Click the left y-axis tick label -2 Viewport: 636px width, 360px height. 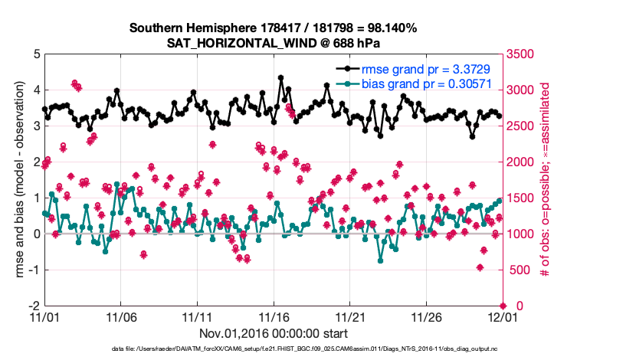click(x=34, y=306)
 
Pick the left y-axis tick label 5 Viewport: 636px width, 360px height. click(x=36, y=54)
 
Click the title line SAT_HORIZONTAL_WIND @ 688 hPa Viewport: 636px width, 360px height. click(x=273, y=43)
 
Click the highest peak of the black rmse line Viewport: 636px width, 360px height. click(x=281, y=77)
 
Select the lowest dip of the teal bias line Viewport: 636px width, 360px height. click(x=381, y=260)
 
